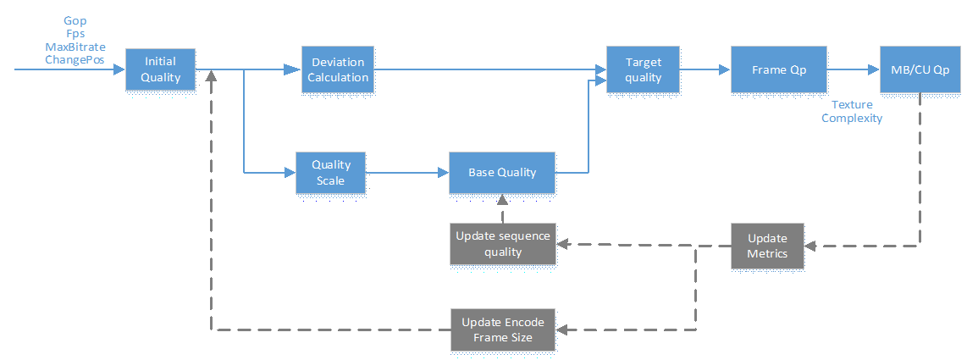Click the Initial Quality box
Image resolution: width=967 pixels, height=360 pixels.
point(160,69)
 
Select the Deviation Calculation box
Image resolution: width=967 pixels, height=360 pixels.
point(337,69)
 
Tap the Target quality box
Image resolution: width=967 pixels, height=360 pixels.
point(644,69)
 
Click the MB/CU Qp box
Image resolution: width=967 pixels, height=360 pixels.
point(920,69)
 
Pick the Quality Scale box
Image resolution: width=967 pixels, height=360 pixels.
point(331,173)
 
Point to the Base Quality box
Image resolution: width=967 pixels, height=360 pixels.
point(502,172)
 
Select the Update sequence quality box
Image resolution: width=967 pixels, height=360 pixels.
point(503,244)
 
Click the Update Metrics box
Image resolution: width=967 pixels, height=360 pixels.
point(768,246)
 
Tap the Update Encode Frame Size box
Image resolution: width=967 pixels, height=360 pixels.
point(503,330)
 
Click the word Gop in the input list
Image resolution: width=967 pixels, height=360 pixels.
point(75,21)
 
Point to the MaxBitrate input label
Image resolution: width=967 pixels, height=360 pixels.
point(75,47)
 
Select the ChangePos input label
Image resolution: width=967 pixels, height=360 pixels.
point(75,60)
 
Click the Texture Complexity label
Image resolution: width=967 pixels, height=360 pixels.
point(852,112)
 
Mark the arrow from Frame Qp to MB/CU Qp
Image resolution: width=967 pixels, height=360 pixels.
point(854,69)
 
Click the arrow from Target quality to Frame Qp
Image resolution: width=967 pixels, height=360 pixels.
point(705,69)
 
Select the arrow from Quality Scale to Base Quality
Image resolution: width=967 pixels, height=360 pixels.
point(407,173)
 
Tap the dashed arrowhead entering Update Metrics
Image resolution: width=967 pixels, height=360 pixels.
point(811,246)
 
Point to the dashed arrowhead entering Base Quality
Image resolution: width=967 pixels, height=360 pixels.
point(503,199)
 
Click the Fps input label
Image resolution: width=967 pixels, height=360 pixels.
point(75,35)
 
